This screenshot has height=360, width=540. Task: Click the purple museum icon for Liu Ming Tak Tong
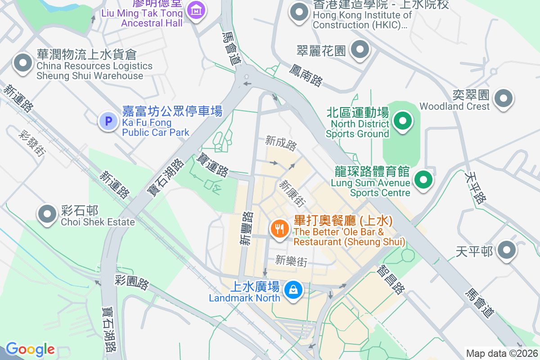coord(196,9)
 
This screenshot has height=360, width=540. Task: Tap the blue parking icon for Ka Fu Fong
coord(108,121)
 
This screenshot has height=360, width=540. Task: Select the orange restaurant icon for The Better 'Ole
coord(279,229)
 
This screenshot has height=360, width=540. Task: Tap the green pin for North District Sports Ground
coord(403,121)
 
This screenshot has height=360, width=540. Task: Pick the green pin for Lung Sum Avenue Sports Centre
coord(423,180)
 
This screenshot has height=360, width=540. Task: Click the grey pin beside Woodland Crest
coord(503,98)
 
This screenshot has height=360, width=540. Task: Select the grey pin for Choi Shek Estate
coord(47,214)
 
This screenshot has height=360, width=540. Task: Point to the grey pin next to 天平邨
coord(507,250)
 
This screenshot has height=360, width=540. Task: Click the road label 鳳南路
coord(306,75)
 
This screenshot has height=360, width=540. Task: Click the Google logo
coord(30,349)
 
